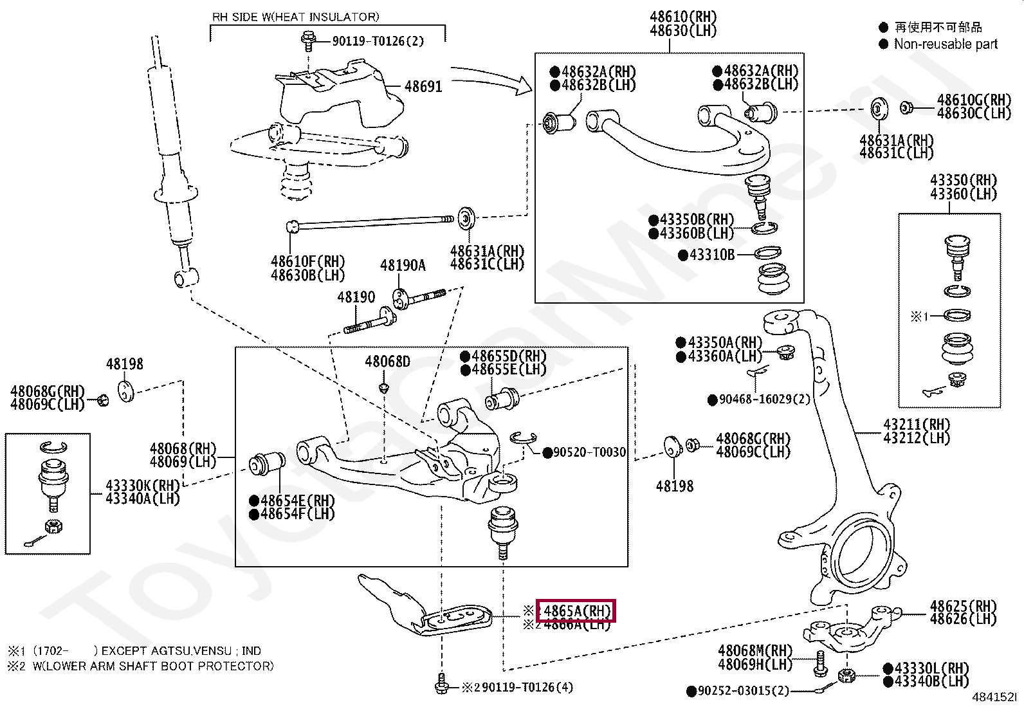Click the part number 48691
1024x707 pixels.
[423, 86]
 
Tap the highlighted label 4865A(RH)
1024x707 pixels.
[576, 611]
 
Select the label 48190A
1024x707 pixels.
[403, 265]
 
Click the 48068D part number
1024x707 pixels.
[387, 362]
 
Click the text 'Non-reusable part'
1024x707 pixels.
[945, 44]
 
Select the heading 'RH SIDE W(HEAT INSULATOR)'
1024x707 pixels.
[295, 17]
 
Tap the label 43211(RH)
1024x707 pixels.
[917, 425]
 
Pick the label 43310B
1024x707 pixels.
[711, 255]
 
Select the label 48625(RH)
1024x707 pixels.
[962, 606]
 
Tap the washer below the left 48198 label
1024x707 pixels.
[126, 391]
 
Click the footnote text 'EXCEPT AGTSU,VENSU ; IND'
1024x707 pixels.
[181, 651]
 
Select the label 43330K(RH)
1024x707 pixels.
[142, 486]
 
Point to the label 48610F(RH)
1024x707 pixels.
[307, 262]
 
